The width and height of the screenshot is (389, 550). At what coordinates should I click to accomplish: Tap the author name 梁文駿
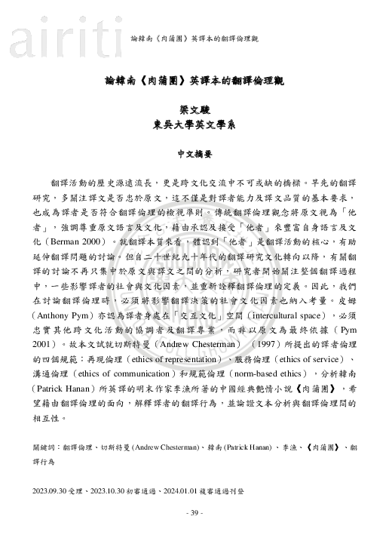point(194,109)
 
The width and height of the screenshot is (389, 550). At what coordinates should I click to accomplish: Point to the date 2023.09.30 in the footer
point(52,490)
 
